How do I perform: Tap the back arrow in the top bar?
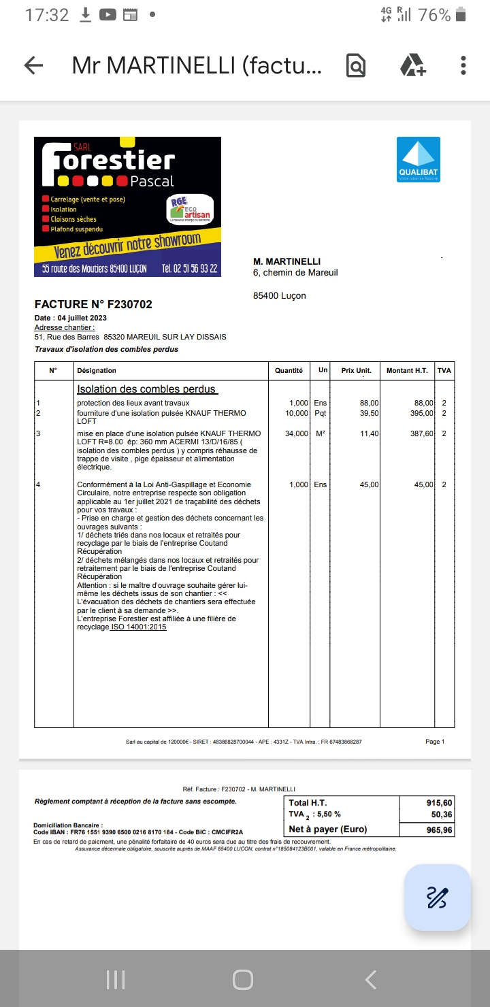click(33, 65)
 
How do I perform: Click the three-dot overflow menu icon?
click(463, 65)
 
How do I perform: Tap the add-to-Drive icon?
click(412, 65)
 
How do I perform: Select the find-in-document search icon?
click(356, 65)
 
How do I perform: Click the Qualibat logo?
click(419, 159)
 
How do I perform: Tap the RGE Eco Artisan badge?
click(190, 210)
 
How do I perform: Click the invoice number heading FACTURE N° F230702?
click(93, 304)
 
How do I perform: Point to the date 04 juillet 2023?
click(82, 318)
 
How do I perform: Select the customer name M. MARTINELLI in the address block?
click(287, 261)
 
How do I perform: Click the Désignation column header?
click(97, 370)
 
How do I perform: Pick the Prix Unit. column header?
click(356, 370)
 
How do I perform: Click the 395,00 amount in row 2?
click(421, 413)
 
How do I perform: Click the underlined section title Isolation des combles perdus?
click(146, 389)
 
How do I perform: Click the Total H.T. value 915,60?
click(439, 803)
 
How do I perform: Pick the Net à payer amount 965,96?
click(439, 829)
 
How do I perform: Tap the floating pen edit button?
click(437, 897)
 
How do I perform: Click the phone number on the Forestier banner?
click(190, 269)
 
